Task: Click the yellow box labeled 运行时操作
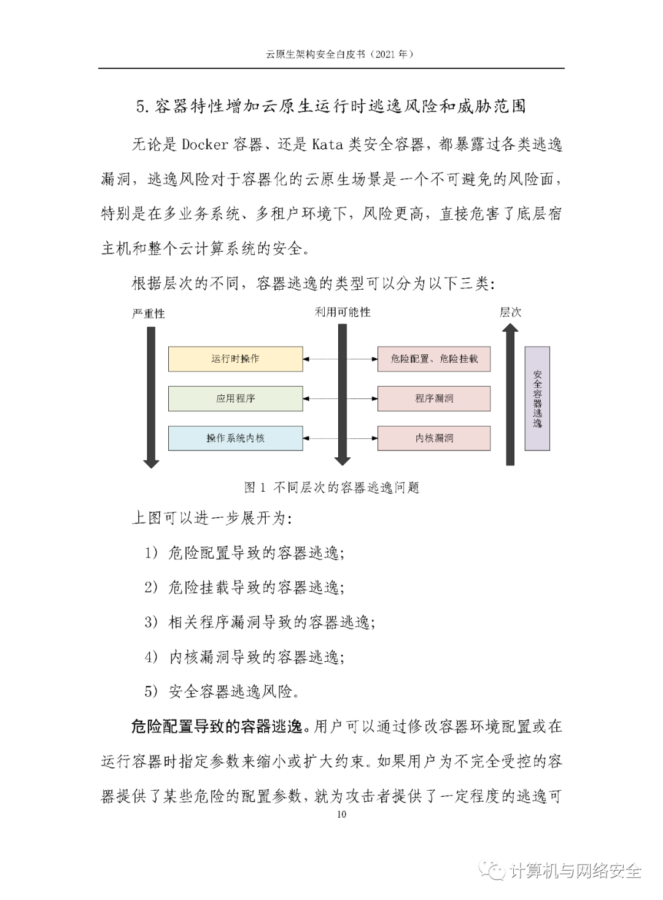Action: tap(235, 359)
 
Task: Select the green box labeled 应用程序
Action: tap(235, 398)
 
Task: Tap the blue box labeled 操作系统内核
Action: tap(235, 438)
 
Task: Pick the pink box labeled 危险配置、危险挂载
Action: tap(433, 359)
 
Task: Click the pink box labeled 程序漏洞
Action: tap(433, 398)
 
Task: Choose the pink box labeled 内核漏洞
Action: tap(433, 438)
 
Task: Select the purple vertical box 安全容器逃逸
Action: tap(537, 398)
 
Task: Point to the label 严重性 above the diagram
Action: tap(149, 314)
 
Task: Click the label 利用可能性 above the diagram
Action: tap(343, 312)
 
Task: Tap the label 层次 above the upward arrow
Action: tap(510, 312)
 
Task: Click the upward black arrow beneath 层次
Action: tap(510, 396)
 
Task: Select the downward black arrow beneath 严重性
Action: tap(151, 396)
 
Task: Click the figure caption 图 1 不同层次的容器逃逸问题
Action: tap(331, 487)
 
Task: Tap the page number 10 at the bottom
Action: tap(341, 814)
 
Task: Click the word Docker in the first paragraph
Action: tap(205, 145)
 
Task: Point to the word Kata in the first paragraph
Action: tap(327, 145)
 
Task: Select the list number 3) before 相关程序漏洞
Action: tap(151, 622)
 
